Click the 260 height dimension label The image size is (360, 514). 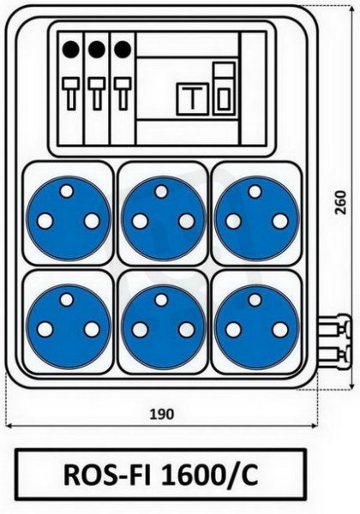pos(340,202)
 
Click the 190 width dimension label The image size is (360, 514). pos(162,415)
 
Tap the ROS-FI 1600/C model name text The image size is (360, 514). pos(160,475)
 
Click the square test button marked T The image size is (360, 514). pos(193,99)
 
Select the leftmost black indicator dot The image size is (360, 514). pos(71,49)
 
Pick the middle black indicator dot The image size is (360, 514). pos(97,49)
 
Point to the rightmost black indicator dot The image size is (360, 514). pos(123,49)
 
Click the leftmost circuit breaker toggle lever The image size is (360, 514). pos(71,93)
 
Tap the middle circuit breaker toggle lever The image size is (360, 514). pos(97,93)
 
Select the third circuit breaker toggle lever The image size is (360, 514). pos(123,93)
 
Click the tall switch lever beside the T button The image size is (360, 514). pos(225,88)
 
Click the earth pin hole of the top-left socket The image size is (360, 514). pos(67,191)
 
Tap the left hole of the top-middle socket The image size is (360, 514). pos(140,221)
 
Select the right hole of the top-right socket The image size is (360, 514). pos(280,221)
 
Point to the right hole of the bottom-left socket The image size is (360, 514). pos(92,330)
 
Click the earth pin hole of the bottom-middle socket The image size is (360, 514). pos(161,299)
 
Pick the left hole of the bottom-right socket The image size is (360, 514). pos(233,330)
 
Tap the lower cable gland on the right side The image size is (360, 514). pos(334,356)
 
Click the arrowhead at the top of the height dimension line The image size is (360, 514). pos(351,9)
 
